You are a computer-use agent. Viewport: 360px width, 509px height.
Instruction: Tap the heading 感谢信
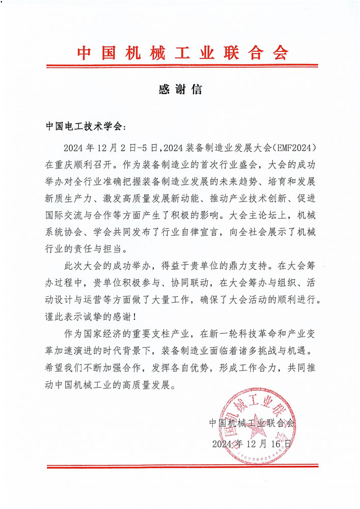(x=180, y=90)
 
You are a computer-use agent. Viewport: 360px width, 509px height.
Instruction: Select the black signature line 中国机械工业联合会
(x=252, y=423)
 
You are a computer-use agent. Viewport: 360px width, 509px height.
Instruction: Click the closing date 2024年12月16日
(x=252, y=443)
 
